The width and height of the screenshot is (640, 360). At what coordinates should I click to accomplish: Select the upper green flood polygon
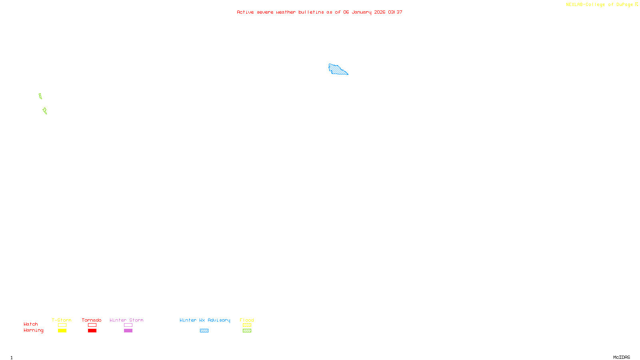pos(40,96)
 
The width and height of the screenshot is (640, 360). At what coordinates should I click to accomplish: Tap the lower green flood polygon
pos(45,111)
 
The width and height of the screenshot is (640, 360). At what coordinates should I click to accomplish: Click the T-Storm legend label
pos(62,320)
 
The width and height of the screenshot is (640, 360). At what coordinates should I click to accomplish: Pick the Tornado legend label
pos(92,320)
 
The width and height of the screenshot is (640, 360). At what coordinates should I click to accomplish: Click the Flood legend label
pos(247,320)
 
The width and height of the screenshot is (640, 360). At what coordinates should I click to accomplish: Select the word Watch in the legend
pos(31,324)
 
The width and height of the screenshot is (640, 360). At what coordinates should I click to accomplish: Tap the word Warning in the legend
pos(33,330)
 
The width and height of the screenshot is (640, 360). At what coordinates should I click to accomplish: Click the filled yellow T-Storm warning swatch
pos(62,331)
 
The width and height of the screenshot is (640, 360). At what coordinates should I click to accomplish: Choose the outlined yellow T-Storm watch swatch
pos(62,325)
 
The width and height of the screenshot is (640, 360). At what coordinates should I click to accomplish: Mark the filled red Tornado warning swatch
pos(92,331)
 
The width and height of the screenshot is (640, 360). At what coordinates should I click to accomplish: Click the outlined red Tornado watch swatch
pos(92,325)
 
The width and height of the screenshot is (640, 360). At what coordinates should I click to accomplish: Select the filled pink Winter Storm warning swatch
pos(128,331)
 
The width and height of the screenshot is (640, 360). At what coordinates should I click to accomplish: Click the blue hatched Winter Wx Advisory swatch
pos(204,331)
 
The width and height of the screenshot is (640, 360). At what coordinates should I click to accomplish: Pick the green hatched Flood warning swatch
pos(247,331)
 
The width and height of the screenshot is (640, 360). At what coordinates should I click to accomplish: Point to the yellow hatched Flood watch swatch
pos(247,325)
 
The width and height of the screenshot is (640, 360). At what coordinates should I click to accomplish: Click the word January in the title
pos(362,12)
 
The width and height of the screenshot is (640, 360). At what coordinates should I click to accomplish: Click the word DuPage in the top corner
pos(624,4)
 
